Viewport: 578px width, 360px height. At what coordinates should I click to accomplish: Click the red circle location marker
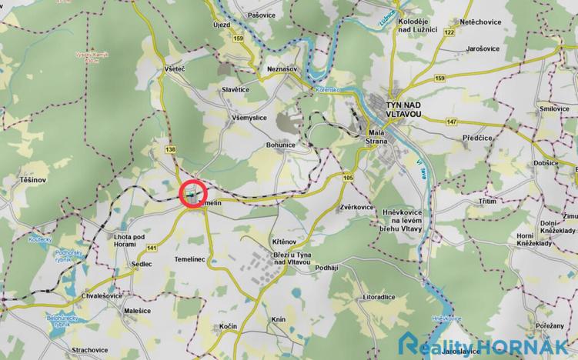193,194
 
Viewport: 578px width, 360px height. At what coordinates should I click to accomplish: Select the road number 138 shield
171,148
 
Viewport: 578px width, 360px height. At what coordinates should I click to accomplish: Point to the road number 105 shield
349,178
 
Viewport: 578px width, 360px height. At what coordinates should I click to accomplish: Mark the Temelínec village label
192,260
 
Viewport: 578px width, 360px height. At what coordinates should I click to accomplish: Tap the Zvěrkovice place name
356,208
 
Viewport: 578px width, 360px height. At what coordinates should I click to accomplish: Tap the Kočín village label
227,326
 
